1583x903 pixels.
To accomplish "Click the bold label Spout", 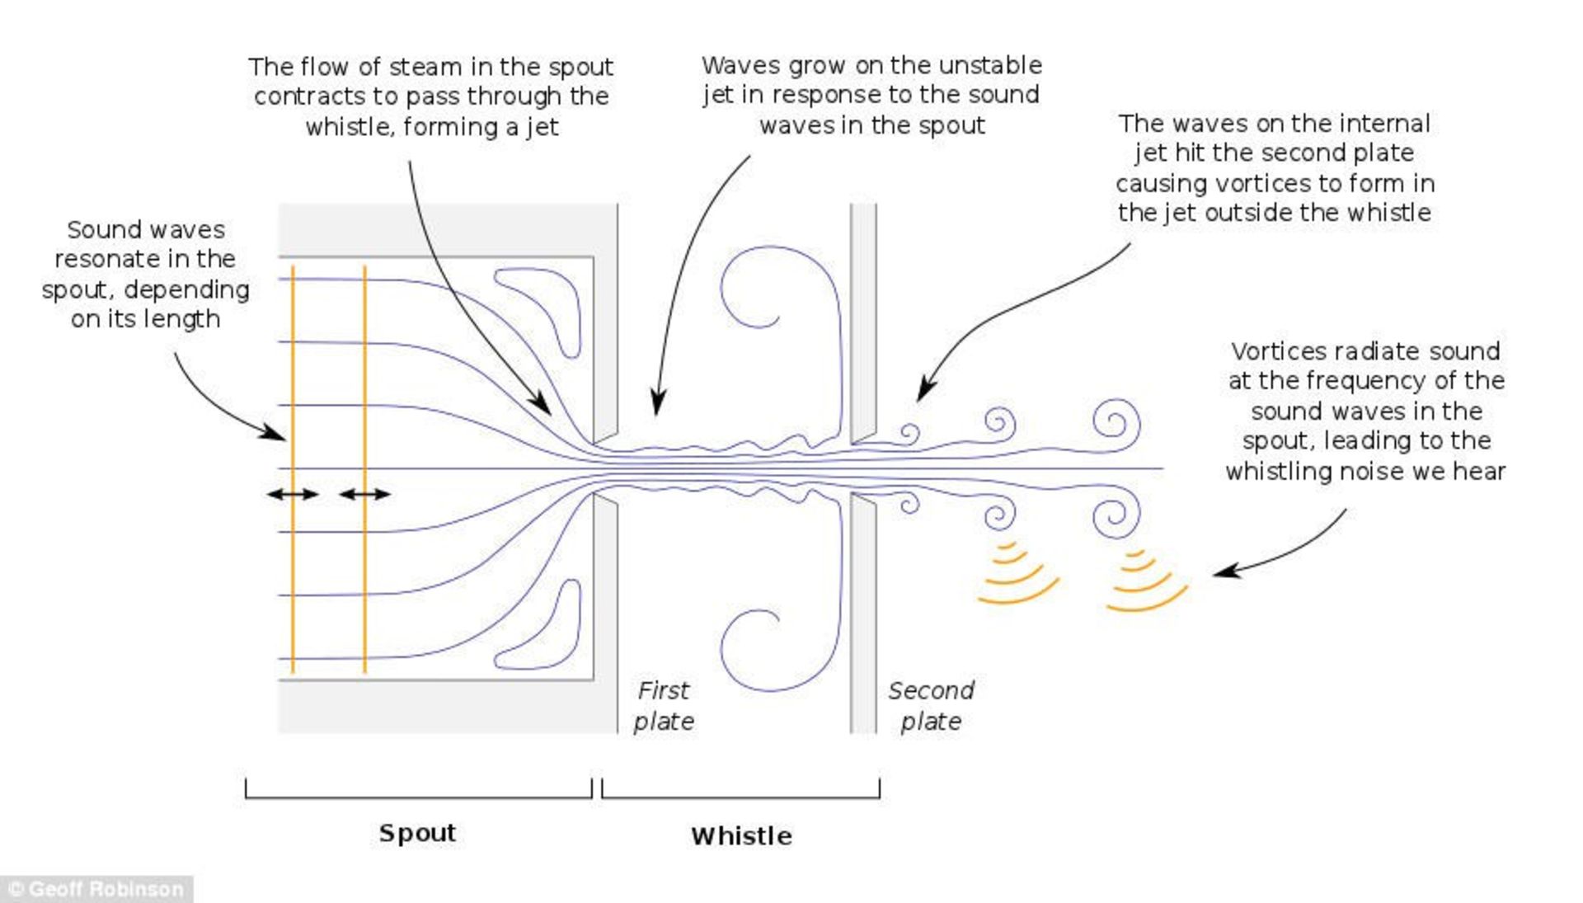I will coord(417,833).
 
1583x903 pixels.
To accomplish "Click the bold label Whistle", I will coord(741,836).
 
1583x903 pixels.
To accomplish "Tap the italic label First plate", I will coord(664,706).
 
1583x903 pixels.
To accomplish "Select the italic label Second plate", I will coord(931,706).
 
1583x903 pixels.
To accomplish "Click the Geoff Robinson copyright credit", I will coord(96,889).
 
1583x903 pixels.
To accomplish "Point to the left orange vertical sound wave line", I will coord(293,371).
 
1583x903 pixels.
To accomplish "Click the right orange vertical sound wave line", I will coord(364,371).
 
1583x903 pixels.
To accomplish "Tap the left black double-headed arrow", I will coord(293,495).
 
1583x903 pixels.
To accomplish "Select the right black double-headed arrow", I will coord(364,495).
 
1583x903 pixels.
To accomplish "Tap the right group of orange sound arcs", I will coord(1146,582).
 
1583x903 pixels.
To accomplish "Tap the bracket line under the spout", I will coord(418,797).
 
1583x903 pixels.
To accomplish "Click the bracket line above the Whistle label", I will coord(740,797).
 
